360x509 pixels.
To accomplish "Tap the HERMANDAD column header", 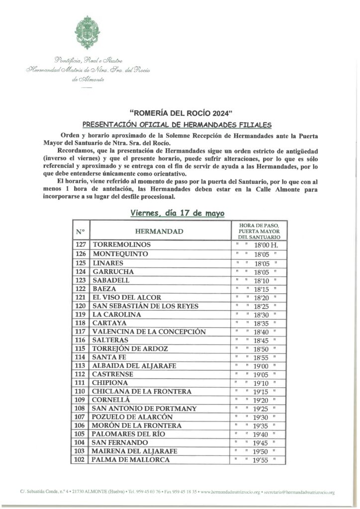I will pyautogui.click(x=159, y=232).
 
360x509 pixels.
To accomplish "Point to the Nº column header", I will pyautogui.click(x=81, y=232).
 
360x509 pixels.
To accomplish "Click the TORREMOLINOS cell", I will pyautogui.click(x=121, y=245).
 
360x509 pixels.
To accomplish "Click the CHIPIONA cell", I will pyautogui.click(x=110, y=383).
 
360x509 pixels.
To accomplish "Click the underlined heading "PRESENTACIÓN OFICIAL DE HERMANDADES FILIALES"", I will pyautogui.click(x=178, y=124).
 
